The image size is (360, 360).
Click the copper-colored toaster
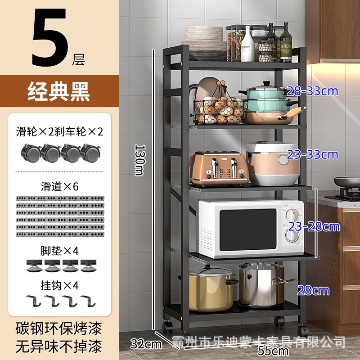click(x=218, y=168)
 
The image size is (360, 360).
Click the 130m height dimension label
click(x=140, y=160)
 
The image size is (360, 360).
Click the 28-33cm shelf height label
click(x=312, y=91)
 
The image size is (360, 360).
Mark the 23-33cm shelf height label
click(x=313, y=154)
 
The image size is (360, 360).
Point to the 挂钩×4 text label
click(x=60, y=285)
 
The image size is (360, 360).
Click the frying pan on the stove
click(x=347, y=183)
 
